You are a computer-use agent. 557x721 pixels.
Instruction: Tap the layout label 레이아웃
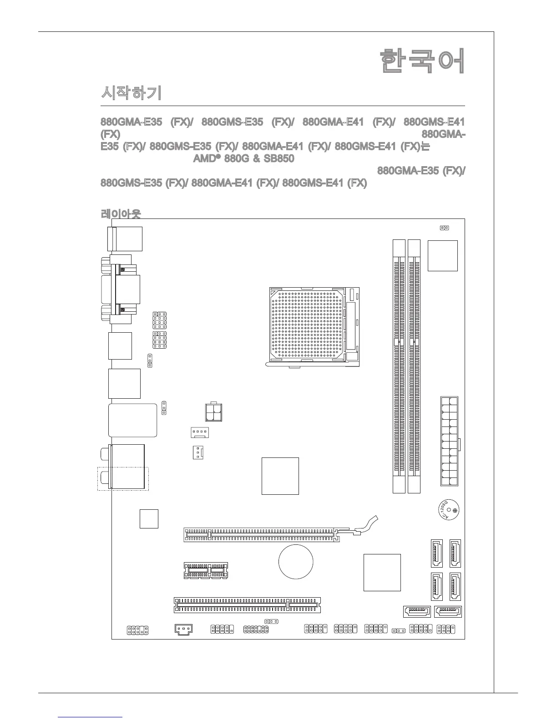tap(121, 213)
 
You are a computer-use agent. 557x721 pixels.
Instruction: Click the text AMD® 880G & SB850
tap(243, 159)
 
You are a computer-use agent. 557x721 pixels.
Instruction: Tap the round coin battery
tap(296, 562)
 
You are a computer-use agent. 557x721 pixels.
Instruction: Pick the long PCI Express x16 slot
tap(262, 534)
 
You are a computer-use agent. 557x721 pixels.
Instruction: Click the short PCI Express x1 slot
tap(206, 570)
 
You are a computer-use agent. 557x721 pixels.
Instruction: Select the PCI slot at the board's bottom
tap(247, 605)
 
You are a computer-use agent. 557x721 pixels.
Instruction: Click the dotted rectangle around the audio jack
tap(123, 479)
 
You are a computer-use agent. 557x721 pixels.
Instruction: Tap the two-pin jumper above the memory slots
tap(445, 228)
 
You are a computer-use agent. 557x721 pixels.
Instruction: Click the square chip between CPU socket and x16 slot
tap(280, 476)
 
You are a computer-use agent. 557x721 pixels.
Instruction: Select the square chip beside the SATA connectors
tap(382, 572)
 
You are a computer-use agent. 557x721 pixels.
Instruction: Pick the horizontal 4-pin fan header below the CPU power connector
tap(199, 432)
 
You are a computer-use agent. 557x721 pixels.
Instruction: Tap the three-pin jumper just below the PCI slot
tap(271, 621)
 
